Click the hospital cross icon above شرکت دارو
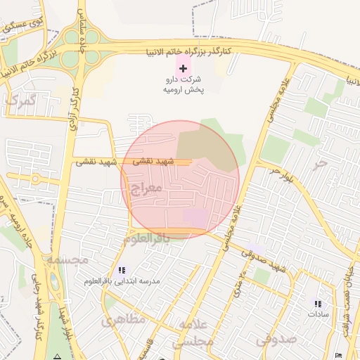click(x=183, y=68)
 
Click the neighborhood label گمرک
click(x=20, y=101)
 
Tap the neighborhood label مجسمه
click(x=67, y=259)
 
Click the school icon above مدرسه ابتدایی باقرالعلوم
click(x=122, y=270)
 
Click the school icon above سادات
click(x=318, y=304)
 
